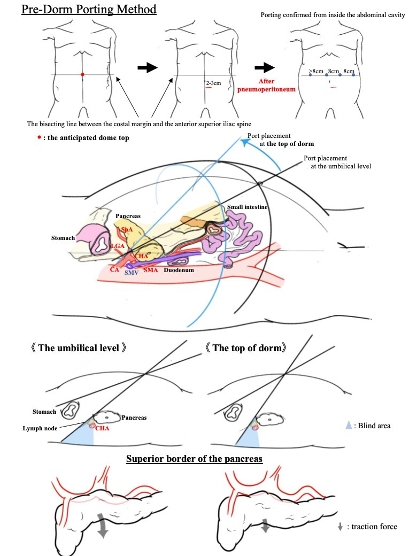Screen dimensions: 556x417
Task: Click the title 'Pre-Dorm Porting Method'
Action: coord(89,9)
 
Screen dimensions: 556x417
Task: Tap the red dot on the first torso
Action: coord(82,74)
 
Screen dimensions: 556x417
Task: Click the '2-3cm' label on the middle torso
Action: coord(214,83)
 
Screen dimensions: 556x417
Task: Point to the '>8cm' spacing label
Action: coord(315,71)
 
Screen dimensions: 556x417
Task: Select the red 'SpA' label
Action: coord(127,229)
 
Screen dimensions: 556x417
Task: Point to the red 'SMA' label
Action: coord(151,270)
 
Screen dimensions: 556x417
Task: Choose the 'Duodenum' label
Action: coord(178,270)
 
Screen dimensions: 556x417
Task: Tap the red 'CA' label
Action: coord(115,269)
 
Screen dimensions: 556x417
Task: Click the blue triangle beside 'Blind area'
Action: coord(349,426)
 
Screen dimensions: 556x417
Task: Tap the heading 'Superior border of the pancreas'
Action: coord(194,459)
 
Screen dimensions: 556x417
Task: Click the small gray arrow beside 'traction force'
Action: coord(340,527)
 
